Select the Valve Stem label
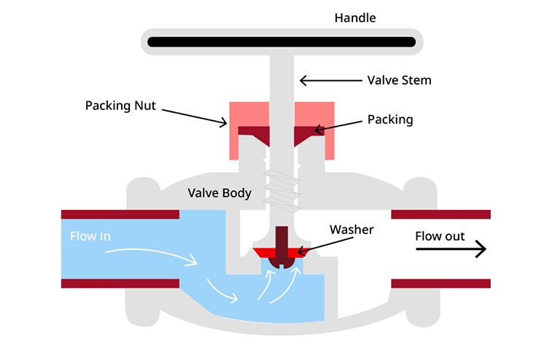(398, 80)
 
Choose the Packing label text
(389, 120)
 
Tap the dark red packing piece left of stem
(252, 136)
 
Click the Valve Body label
(220, 193)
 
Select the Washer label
(351, 230)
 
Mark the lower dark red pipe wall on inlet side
(120, 283)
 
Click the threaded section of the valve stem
(279, 187)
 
